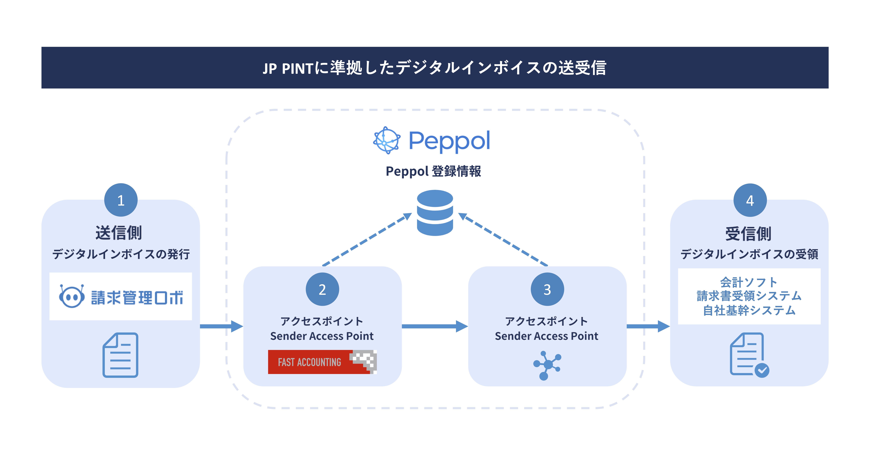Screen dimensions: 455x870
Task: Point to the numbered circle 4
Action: pyautogui.click(x=750, y=200)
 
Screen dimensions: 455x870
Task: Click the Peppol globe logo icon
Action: pyautogui.click(x=387, y=140)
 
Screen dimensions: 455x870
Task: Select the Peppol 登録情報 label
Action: pyautogui.click(x=433, y=171)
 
